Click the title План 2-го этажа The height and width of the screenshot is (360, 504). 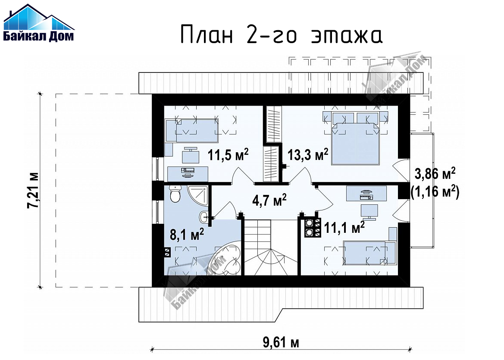[x=281, y=35]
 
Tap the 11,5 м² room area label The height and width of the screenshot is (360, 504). [x=228, y=155]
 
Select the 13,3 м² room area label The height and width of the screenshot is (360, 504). [x=307, y=155]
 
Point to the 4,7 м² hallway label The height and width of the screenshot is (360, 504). [x=269, y=200]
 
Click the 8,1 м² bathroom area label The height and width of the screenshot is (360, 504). [x=187, y=234]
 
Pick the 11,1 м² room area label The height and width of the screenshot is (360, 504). [x=344, y=228]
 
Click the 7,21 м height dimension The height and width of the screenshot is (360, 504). [x=33, y=190]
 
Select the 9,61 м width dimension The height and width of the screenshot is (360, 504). [x=281, y=342]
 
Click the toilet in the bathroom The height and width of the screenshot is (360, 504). [x=175, y=194]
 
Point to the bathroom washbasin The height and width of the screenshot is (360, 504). [x=204, y=217]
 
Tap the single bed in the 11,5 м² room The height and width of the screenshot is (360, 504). [x=192, y=131]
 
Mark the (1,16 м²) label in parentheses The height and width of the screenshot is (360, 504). [x=435, y=192]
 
